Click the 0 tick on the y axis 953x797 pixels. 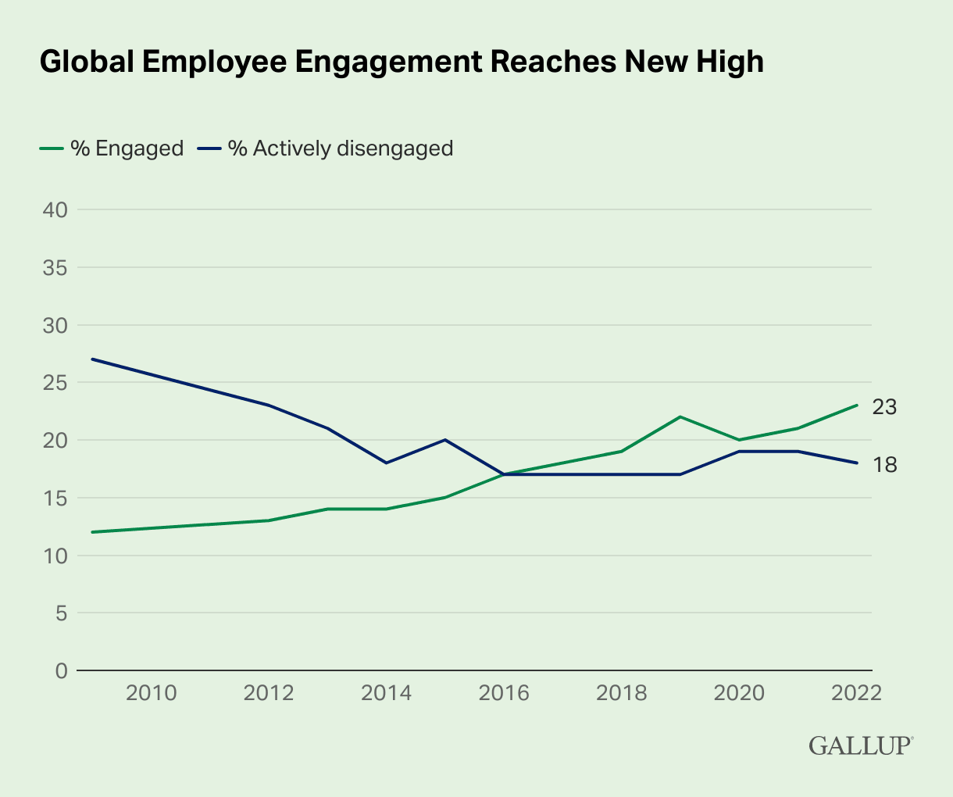pyautogui.click(x=61, y=670)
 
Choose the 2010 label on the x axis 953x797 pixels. pyautogui.click(x=152, y=693)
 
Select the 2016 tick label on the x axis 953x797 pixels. pyautogui.click(x=504, y=693)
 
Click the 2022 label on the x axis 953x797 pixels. pyautogui.click(x=856, y=693)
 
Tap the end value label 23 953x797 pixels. pyautogui.click(x=885, y=406)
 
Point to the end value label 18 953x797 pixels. pyautogui.click(x=885, y=465)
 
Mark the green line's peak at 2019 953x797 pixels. pyautogui.click(x=680, y=416)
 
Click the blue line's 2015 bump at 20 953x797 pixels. pyautogui.click(x=445, y=439)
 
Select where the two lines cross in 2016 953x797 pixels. pyautogui.click(x=504, y=474)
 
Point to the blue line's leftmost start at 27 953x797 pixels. pyautogui.click(x=93, y=359)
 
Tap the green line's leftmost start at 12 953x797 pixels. pyautogui.click(x=93, y=532)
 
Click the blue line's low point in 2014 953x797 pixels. pyautogui.click(x=387, y=463)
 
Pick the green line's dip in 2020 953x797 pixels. pyautogui.click(x=739, y=440)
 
